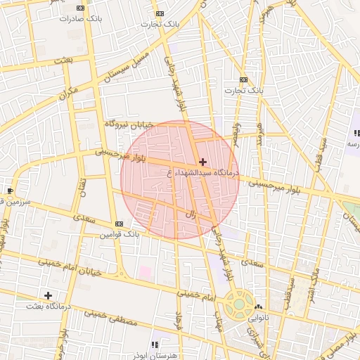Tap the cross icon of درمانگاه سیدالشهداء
[203, 162]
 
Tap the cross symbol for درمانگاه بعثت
[48, 295]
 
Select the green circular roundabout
[239, 304]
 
